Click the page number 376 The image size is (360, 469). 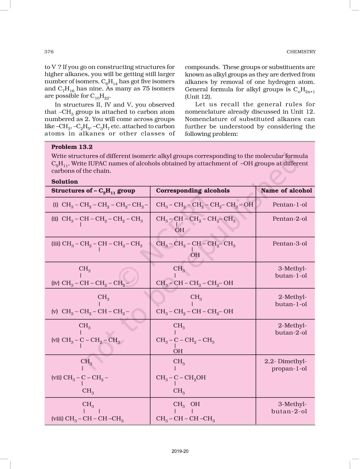pyautogui.click(x=49, y=52)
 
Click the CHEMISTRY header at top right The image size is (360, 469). pyautogui.click(x=301, y=52)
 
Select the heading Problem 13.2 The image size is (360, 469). pyautogui.click(x=72, y=147)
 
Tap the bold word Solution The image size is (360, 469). pyautogui.click(x=64, y=182)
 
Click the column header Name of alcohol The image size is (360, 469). pyautogui.click(x=286, y=191)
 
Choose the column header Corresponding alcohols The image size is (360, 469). pyautogui.click(x=193, y=191)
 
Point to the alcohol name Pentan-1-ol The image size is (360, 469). pyautogui.click(x=289, y=205)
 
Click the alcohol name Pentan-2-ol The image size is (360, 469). pyautogui.click(x=289, y=219)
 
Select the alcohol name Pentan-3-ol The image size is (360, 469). pyautogui.click(x=289, y=244)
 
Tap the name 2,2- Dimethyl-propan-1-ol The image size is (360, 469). pyautogui.click(x=286, y=365)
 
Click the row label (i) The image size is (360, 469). pyautogui.click(x=55, y=205)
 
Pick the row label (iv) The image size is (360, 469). pyautogui.click(x=55, y=283)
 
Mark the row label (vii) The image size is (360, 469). pyautogui.click(x=57, y=378)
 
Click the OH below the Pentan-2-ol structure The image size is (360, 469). pyautogui.click(x=179, y=230)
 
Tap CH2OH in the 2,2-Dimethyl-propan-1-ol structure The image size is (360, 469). pyautogui.click(x=195, y=378)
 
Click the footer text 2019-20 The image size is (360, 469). pyautogui.click(x=180, y=451)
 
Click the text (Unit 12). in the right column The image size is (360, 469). pyautogui.click(x=198, y=97)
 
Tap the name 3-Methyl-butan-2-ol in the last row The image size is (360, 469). pyautogui.click(x=289, y=408)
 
